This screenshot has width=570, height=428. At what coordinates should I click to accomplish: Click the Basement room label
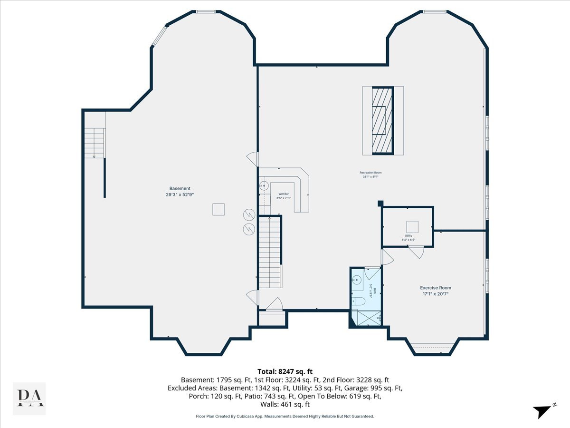coord(180,188)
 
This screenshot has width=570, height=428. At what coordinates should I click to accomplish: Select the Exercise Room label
coord(435,288)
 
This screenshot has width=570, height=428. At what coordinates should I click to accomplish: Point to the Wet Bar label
coord(284,194)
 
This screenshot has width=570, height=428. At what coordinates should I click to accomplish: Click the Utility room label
coord(408,235)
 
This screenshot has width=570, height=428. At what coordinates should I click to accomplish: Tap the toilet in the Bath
coord(358,301)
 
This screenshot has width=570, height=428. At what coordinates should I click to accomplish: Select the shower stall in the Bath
coord(366,318)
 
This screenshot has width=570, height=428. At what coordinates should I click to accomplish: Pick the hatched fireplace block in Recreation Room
coord(382,120)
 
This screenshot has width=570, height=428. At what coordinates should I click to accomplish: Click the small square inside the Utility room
coord(411,226)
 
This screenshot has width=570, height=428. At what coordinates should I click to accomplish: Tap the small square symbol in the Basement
coord(218,209)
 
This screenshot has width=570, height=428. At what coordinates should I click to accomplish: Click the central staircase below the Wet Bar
coord(270,252)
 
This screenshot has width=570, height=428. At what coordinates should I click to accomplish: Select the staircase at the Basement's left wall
coord(95,143)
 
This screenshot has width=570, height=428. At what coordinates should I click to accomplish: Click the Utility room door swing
coord(418,253)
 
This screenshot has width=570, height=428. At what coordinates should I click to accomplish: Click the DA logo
coord(29,398)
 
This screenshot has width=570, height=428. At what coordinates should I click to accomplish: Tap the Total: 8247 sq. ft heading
coord(285,371)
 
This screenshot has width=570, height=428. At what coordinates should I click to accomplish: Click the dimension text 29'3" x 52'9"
coord(180,195)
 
